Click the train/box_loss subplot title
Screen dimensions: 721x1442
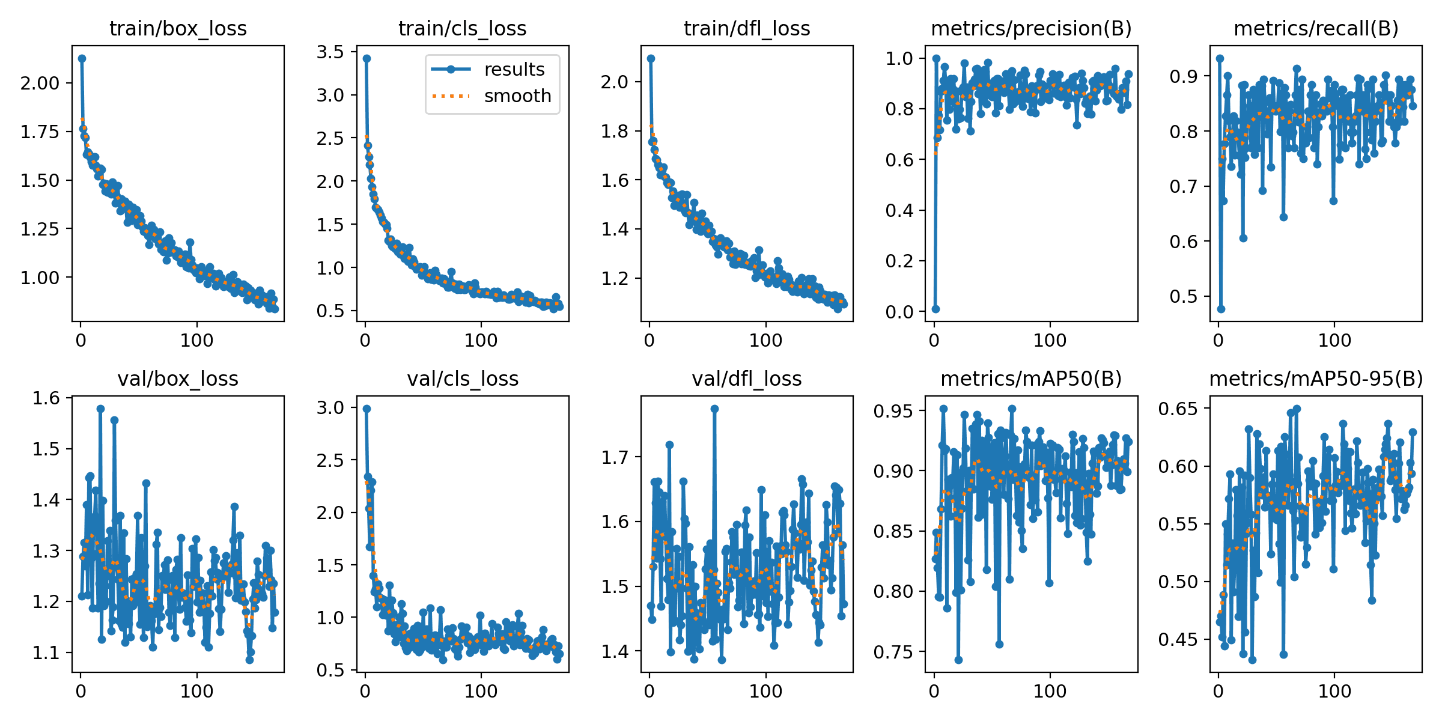(x=178, y=28)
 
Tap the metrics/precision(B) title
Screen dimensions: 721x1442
(x=1031, y=28)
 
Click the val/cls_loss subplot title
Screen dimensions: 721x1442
(x=463, y=379)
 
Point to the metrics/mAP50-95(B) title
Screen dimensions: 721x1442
(x=1316, y=379)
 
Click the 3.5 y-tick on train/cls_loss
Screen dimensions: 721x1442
(x=330, y=52)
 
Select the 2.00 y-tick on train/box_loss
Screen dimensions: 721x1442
(x=40, y=83)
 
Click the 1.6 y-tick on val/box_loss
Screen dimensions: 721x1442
(x=46, y=398)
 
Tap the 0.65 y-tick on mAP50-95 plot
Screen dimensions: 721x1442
(x=1178, y=409)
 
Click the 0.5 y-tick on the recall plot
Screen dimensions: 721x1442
(x=1184, y=296)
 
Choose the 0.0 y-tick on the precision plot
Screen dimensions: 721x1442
(x=899, y=311)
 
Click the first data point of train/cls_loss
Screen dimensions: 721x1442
(x=367, y=58)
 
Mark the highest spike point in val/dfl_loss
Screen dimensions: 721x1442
(x=714, y=409)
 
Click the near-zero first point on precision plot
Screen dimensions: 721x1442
(x=935, y=309)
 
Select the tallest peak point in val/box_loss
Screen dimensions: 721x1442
(x=100, y=409)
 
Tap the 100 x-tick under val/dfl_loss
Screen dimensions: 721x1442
(x=765, y=691)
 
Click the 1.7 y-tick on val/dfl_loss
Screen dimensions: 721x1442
(x=615, y=457)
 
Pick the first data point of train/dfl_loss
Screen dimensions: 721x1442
(x=651, y=58)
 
